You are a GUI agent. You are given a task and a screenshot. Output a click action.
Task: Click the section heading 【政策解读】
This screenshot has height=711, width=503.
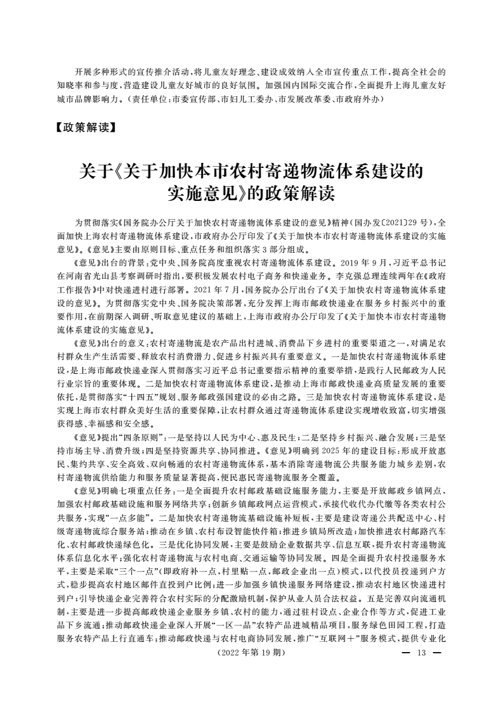click(84, 128)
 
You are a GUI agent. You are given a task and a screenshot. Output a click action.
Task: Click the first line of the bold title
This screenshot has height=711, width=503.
click(251, 171)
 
